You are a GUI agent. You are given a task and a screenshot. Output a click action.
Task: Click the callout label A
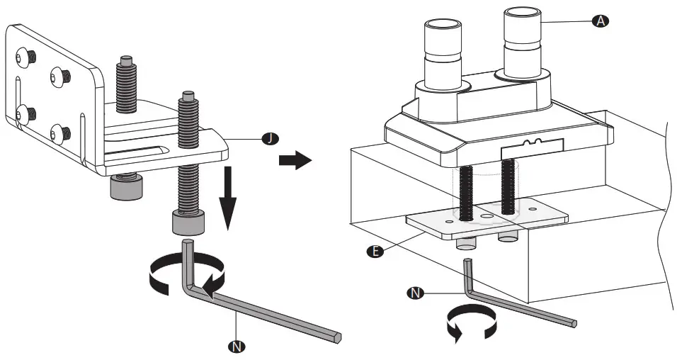click(x=599, y=21)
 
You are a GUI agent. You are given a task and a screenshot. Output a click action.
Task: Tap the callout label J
click(x=270, y=139)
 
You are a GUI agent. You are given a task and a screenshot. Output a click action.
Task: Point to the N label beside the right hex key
click(x=417, y=292)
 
